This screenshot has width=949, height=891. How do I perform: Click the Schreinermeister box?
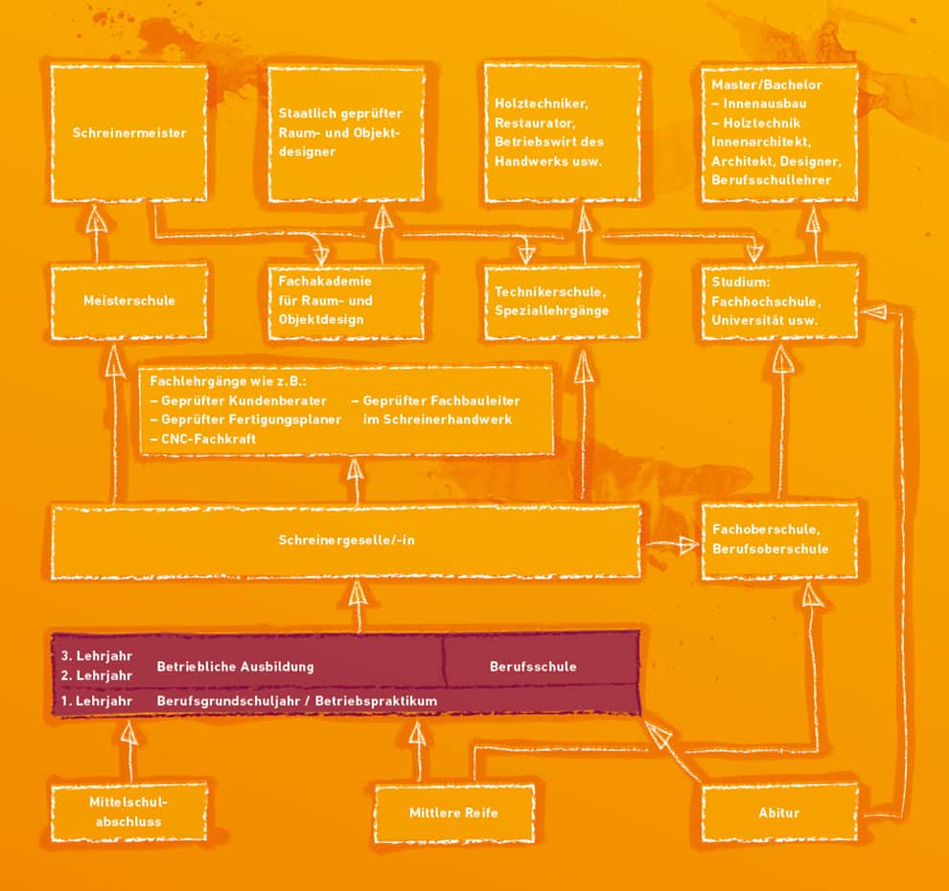pyautogui.click(x=128, y=133)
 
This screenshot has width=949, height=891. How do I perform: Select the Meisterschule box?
pyautogui.click(x=128, y=301)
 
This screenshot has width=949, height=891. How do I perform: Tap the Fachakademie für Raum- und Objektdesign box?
pyautogui.click(x=346, y=301)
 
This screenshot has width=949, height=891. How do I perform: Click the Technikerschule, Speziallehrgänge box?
pyautogui.click(x=563, y=301)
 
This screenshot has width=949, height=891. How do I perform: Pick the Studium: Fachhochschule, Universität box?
pyautogui.click(x=779, y=301)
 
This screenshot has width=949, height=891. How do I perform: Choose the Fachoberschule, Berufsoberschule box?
pyautogui.click(x=779, y=539)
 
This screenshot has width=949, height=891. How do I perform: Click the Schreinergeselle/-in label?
pyautogui.click(x=346, y=540)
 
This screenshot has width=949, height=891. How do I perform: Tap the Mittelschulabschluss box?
pyautogui.click(x=128, y=811)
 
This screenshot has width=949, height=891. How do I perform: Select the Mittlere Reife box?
pyautogui.click(x=454, y=812)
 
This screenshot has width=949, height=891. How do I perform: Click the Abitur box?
pyautogui.click(x=779, y=812)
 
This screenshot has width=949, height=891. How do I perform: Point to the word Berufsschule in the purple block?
pyautogui.click(x=533, y=667)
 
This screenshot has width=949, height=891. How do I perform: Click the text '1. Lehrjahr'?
pyautogui.click(x=96, y=701)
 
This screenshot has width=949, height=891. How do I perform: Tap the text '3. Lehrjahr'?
pyautogui.click(x=96, y=655)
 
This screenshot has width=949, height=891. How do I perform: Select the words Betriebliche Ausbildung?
pyautogui.click(x=236, y=667)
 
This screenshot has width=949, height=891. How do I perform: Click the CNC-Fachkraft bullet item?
pyautogui.click(x=203, y=439)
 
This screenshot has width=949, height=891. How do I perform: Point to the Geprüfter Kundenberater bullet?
pyautogui.click(x=238, y=401)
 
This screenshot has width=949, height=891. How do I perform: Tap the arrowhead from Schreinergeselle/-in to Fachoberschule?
pyautogui.click(x=687, y=545)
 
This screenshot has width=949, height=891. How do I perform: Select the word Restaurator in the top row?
pyautogui.click(x=535, y=123)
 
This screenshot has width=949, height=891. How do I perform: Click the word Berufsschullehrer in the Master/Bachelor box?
pyautogui.click(x=771, y=180)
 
